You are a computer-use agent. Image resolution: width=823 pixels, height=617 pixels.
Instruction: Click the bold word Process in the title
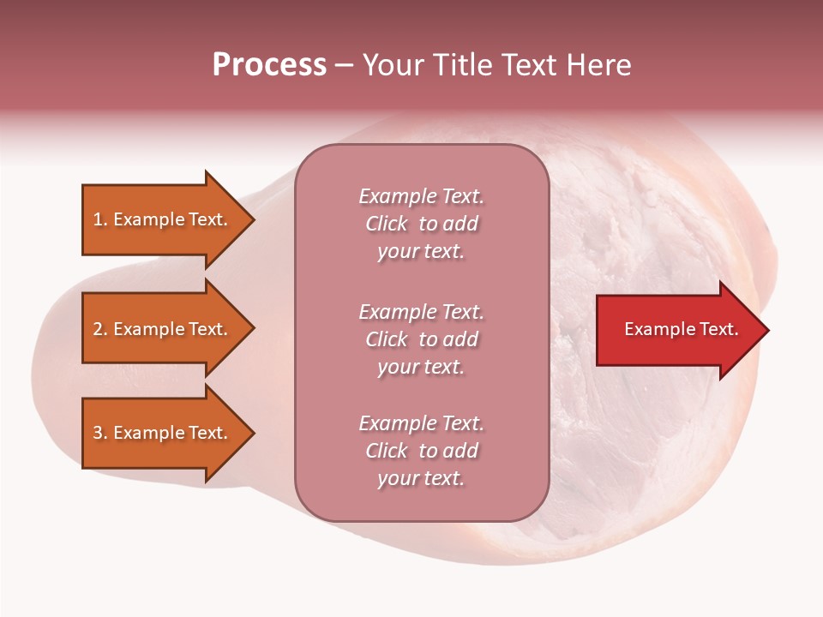coord(269,65)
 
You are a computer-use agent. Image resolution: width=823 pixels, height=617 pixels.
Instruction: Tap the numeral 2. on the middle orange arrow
coord(100,329)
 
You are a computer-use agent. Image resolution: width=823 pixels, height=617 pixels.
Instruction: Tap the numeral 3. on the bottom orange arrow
coord(100,433)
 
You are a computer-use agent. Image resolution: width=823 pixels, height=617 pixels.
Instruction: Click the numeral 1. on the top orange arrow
coord(99,219)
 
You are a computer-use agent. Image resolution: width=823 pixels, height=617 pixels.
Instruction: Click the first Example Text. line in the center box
coord(421,196)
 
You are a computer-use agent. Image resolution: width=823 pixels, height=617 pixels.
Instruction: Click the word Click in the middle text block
coord(386,339)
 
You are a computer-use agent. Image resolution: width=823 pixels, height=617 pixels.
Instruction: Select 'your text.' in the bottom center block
coord(421,478)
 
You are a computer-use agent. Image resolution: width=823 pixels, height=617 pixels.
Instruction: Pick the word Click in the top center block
coord(386,224)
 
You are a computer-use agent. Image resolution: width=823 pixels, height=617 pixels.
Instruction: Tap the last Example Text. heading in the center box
coord(421,423)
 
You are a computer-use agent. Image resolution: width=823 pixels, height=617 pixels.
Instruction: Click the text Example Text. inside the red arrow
coord(681,329)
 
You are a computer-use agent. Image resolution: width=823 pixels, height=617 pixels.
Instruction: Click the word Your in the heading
coord(393,65)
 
